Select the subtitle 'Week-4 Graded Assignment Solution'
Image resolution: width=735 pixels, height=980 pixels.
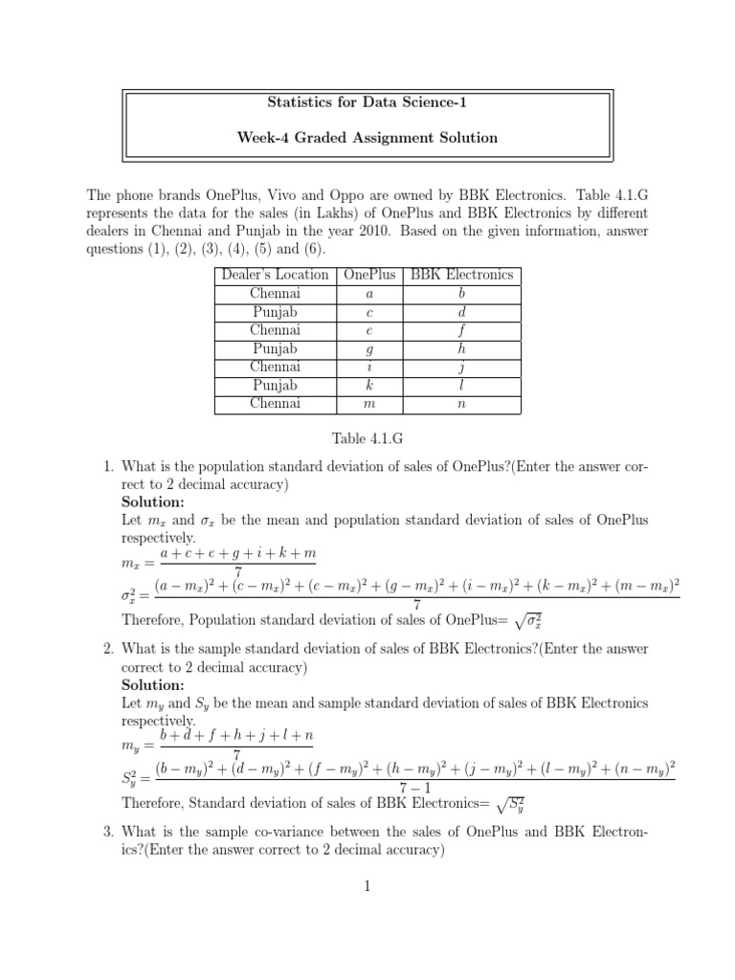tap(367, 138)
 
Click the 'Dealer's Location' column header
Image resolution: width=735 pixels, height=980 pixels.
tap(275, 275)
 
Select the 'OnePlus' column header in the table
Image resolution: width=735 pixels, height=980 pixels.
tap(368, 275)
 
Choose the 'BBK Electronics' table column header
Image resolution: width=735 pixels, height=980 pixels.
tap(461, 275)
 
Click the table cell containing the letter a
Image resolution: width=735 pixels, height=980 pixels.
tap(368, 294)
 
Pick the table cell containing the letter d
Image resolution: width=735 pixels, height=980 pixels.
tap(461, 312)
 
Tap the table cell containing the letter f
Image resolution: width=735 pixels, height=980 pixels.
tap(461, 331)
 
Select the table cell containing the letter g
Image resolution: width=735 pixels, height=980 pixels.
tap(368, 349)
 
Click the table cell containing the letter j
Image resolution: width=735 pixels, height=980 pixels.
tap(461, 367)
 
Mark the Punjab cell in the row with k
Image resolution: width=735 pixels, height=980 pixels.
tap(275, 386)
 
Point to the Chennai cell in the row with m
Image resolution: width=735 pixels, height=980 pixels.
tap(275, 404)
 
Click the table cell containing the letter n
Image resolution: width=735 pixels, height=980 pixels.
tap(461, 404)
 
